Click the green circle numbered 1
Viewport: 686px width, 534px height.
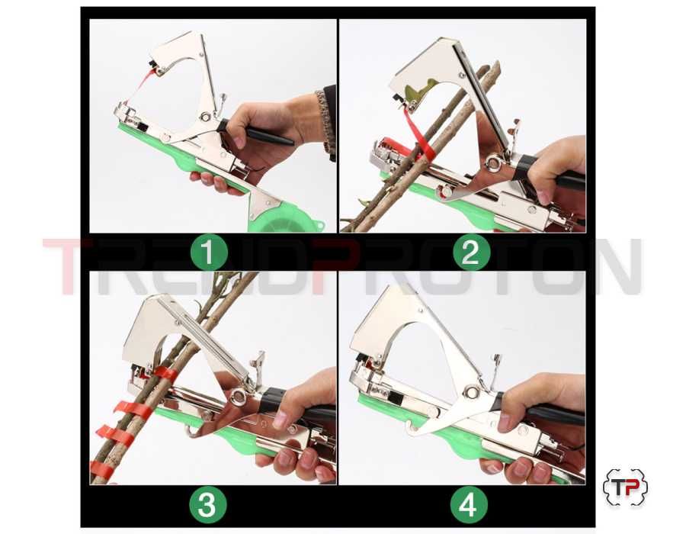pyautogui.click(x=209, y=252)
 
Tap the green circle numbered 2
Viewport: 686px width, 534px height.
pyautogui.click(x=470, y=251)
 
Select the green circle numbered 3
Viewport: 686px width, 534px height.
pyautogui.click(x=207, y=504)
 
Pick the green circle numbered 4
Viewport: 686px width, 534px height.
pyautogui.click(x=469, y=504)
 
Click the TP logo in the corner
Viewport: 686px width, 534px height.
pyautogui.click(x=625, y=487)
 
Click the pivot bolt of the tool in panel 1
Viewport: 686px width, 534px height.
pyautogui.click(x=204, y=117)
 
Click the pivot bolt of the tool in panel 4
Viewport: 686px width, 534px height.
pyautogui.click(x=470, y=392)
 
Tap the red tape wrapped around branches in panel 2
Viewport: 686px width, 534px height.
pyautogui.click(x=418, y=133)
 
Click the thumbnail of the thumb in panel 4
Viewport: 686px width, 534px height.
pyautogui.click(x=505, y=421)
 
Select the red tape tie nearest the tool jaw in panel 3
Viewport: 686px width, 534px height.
pyautogui.click(x=165, y=373)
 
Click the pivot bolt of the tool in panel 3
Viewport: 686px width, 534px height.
pyautogui.click(x=238, y=396)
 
